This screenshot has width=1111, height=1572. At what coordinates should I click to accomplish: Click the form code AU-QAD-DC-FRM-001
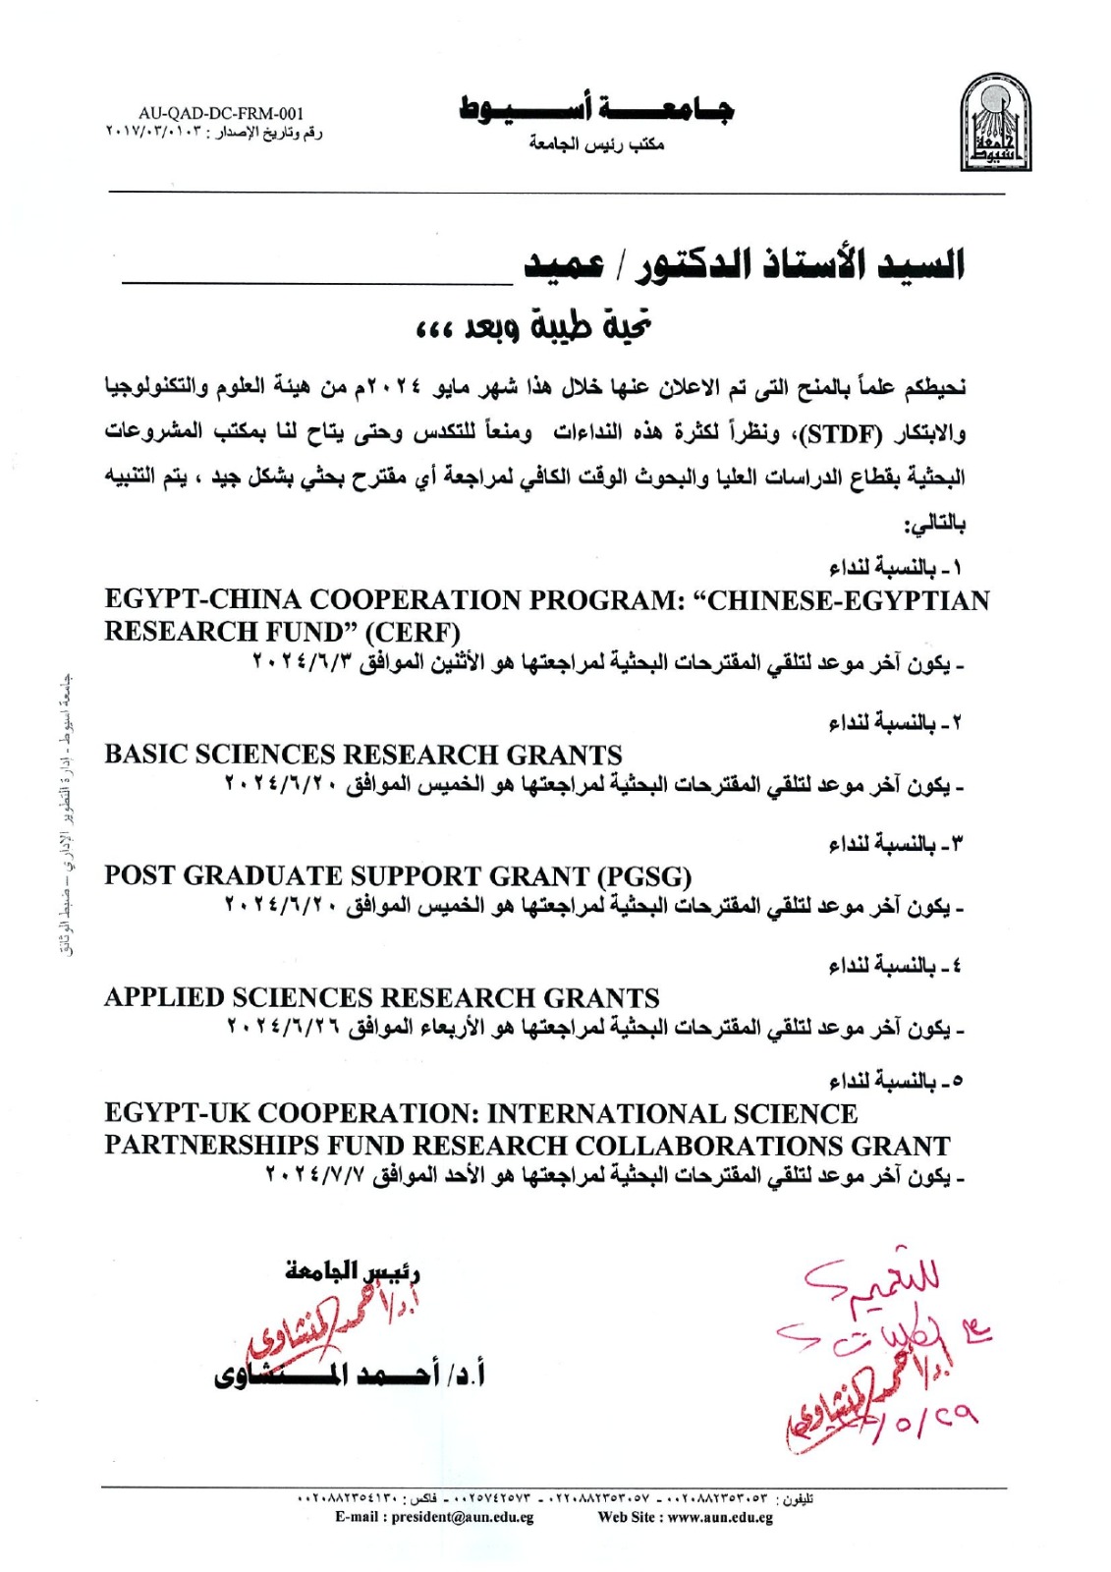(x=221, y=114)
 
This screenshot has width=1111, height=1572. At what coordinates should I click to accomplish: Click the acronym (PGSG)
(x=644, y=876)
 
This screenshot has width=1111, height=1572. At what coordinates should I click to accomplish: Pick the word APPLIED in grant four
(x=164, y=998)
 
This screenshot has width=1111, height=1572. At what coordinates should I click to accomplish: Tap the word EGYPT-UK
(x=178, y=1114)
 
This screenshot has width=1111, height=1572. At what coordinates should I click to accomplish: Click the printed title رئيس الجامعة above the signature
(x=353, y=1271)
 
